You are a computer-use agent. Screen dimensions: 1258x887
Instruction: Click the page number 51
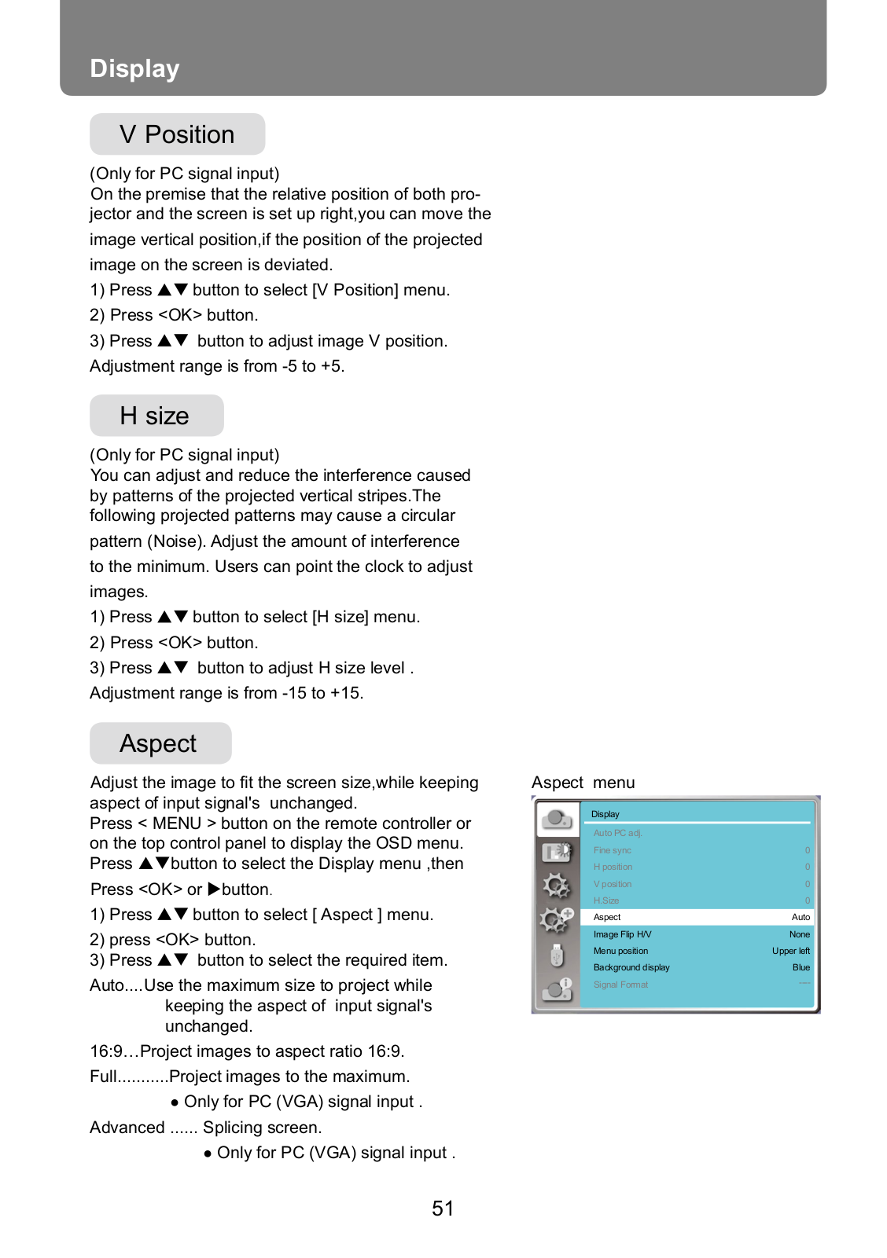(x=443, y=1208)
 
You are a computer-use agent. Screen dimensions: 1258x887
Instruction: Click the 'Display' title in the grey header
(x=134, y=68)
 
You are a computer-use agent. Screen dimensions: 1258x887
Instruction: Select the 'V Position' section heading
(x=177, y=134)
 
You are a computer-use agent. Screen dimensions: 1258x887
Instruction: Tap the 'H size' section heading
(x=156, y=416)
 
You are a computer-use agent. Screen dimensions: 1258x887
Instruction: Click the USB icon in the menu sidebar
(x=557, y=955)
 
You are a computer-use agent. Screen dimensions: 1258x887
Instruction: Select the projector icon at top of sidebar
(x=557, y=819)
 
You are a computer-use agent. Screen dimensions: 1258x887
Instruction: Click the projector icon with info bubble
(x=557, y=989)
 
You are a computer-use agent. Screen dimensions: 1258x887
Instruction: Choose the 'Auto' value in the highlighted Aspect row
(x=801, y=917)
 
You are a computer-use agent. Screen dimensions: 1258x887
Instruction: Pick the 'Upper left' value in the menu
(x=790, y=951)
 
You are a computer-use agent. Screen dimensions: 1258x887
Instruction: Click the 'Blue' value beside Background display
(x=801, y=967)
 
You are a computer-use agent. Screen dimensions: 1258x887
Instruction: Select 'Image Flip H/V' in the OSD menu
(x=622, y=934)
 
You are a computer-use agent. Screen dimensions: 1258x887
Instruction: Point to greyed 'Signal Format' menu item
(x=620, y=985)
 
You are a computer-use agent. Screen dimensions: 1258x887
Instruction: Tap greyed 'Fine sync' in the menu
(x=612, y=850)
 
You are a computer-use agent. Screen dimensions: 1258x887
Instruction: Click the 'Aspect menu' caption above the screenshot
(x=583, y=783)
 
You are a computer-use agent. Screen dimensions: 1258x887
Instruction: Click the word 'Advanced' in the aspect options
(x=127, y=1128)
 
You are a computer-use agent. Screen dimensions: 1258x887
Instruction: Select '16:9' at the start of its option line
(x=105, y=1051)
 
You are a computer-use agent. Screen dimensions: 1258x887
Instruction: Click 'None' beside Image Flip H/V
(x=799, y=934)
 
